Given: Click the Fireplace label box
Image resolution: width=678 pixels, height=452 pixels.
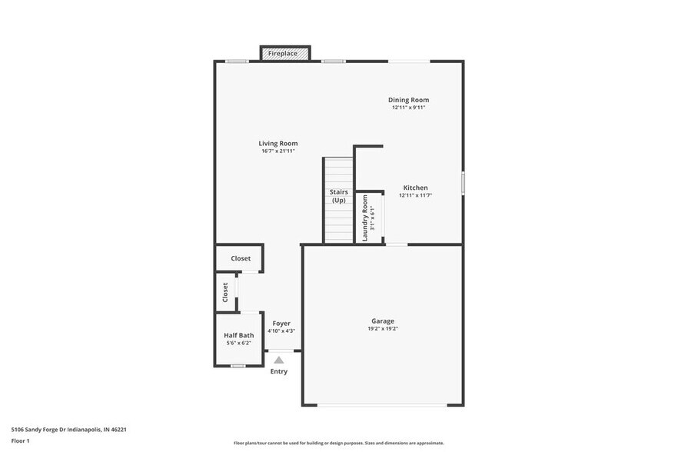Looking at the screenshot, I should pos(285,54).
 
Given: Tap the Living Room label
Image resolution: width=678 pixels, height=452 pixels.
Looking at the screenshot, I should pos(278,144).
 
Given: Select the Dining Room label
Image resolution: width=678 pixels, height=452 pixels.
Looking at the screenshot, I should pos(408,100).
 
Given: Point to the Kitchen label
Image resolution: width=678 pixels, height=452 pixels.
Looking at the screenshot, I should pos(416,188).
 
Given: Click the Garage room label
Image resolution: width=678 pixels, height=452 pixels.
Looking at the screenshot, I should pos(383,321).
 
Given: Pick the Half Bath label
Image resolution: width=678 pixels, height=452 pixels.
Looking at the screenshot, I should pos(239,335).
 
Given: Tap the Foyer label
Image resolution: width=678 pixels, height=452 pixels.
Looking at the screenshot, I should pos(281,324).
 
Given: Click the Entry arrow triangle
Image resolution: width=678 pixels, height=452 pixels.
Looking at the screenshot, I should pos(279,360).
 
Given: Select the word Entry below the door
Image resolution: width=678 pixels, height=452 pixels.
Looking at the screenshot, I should pos(279,372).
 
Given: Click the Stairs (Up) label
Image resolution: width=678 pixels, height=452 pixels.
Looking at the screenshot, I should pos(339,196).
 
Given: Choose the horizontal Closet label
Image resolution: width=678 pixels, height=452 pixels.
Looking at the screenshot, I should pos(241,259).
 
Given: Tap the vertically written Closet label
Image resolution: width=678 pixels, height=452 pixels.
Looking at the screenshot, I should pos(225,292).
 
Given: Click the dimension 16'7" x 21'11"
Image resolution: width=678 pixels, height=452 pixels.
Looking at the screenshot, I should pos(278,151).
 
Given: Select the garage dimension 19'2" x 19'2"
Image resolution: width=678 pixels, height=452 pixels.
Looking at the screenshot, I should pos(383,329).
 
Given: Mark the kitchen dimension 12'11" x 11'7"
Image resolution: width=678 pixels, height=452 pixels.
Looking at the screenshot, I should pos(416,195).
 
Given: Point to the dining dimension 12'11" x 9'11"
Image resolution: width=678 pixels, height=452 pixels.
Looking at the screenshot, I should pos(408,108).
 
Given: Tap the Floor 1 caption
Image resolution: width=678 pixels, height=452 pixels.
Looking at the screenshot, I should pos(20,440).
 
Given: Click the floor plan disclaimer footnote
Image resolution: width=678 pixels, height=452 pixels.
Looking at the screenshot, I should pos(338,444).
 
